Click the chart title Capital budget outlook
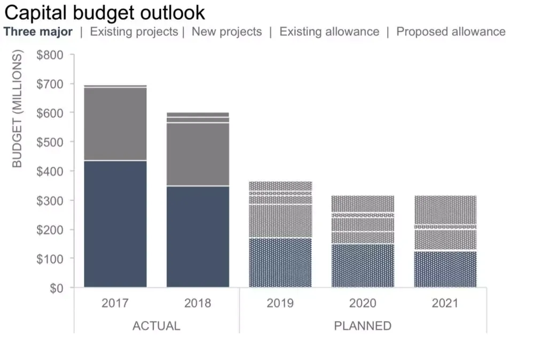point(104,12)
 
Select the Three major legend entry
point(38,32)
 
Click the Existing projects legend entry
point(133,32)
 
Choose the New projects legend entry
point(227,32)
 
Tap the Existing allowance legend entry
point(329,32)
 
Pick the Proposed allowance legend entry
point(451,32)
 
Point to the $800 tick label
point(50,55)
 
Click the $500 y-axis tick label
point(50,142)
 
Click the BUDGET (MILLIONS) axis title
point(17,109)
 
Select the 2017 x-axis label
point(115,303)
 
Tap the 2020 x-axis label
point(363,303)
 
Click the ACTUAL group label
point(156,325)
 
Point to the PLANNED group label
point(363,325)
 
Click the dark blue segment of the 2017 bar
point(115,224)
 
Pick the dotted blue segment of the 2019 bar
point(280,263)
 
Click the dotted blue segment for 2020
point(363,266)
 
